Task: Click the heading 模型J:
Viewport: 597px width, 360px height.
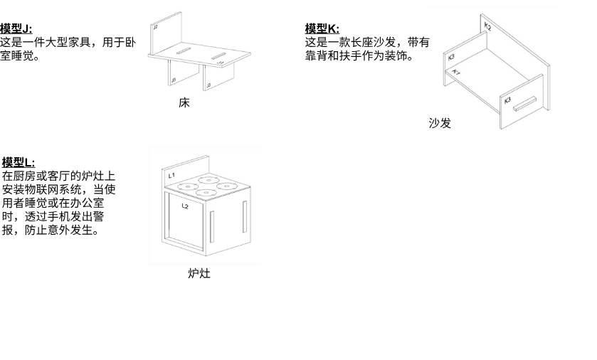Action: coord(16,28)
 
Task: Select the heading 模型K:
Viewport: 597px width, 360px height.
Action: coord(322,28)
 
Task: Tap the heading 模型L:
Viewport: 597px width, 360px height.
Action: coord(18,162)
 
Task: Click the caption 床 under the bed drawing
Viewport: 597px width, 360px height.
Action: coord(184,102)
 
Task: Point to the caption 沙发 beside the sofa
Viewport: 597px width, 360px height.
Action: coord(440,122)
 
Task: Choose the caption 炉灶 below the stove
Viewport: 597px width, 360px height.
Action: coord(199,272)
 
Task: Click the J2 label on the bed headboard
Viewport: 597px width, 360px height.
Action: coord(156,27)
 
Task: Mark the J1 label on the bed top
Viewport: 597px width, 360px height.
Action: coord(221,63)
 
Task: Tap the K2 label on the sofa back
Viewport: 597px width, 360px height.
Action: coord(487,26)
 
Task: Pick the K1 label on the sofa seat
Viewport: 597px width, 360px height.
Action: coord(457,71)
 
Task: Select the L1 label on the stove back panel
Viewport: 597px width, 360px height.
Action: coord(171,175)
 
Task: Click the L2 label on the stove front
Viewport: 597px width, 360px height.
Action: coord(185,206)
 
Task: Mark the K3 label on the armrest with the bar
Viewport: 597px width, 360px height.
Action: coord(507,100)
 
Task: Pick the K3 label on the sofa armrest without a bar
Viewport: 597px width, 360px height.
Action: coord(451,56)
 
